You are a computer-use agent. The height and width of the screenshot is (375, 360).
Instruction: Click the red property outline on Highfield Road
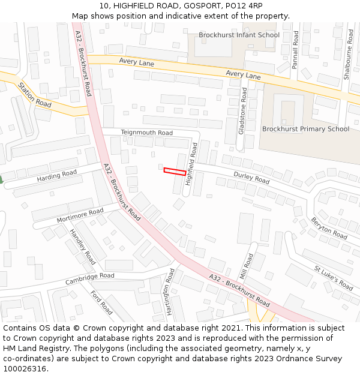(175, 172)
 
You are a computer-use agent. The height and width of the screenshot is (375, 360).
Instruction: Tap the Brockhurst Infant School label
(239, 35)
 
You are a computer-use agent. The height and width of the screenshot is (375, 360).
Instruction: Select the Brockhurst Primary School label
(305, 129)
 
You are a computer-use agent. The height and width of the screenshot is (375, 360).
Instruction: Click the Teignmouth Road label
(146, 133)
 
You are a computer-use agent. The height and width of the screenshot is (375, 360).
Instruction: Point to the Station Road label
(35, 95)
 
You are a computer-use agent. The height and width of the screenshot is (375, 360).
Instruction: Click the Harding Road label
(57, 176)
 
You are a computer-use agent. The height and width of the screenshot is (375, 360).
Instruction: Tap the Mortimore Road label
(80, 215)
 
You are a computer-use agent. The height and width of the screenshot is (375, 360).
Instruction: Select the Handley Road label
(82, 247)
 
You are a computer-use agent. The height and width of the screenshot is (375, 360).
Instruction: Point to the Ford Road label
(101, 302)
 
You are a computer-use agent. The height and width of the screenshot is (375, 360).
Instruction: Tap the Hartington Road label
(170, 292)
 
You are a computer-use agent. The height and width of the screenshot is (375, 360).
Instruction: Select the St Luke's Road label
(334, 278)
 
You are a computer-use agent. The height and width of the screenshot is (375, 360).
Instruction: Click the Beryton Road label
(329, 229)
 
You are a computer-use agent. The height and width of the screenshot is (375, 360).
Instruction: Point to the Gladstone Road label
(243, 110)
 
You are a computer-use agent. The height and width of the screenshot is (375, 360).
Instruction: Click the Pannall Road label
(295, 50)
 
